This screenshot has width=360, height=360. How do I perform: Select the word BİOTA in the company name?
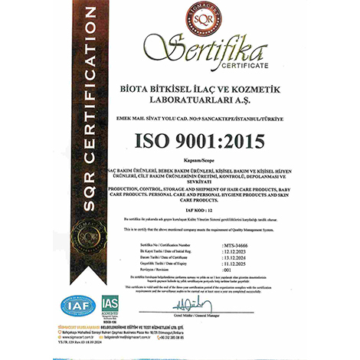pyautogui.click(x=130, y=90)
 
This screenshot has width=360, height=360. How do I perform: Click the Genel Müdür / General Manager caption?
pyautogui.click(x=258, y=316)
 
